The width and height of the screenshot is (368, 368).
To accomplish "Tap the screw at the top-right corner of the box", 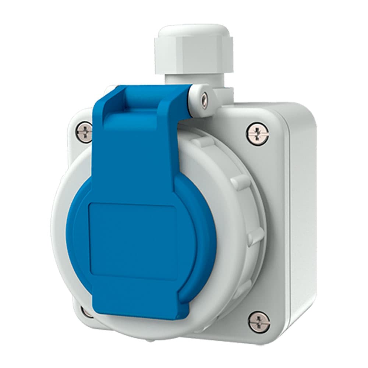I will [258, 134].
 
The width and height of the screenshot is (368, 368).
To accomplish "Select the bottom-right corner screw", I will [259, 322].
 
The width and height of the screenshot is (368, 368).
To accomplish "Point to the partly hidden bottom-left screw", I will [87, 312].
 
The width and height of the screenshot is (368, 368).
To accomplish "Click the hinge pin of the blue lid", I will [204, 98].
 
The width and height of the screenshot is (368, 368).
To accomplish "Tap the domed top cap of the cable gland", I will [188, 31].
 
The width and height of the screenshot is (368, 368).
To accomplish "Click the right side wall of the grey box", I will [302, 221].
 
